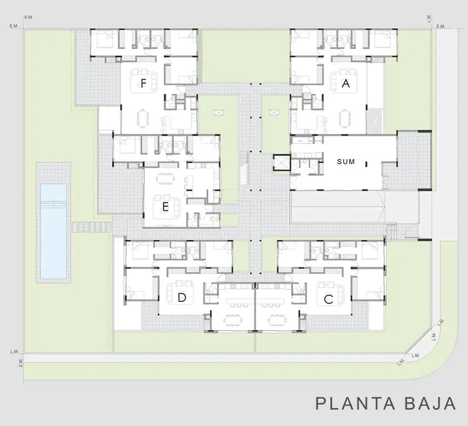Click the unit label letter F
[143, 84]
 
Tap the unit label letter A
[346, 83]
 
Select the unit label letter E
[166, 207]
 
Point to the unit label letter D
[182, 297]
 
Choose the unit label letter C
[329, 299]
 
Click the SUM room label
[346, 162]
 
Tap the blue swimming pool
[53, 231]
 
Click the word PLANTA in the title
[355, 404]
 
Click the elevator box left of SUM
[282, 163]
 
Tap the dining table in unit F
[142, 118]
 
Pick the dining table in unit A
[345, 118]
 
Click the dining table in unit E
[164, 178]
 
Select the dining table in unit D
[233, 320]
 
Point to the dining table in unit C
[277, 320]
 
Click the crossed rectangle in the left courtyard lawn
[218, 112]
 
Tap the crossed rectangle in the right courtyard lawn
[274, 112]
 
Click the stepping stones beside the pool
[91, 227]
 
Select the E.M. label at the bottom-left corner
[21, 363]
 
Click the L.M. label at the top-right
[429, 19]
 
